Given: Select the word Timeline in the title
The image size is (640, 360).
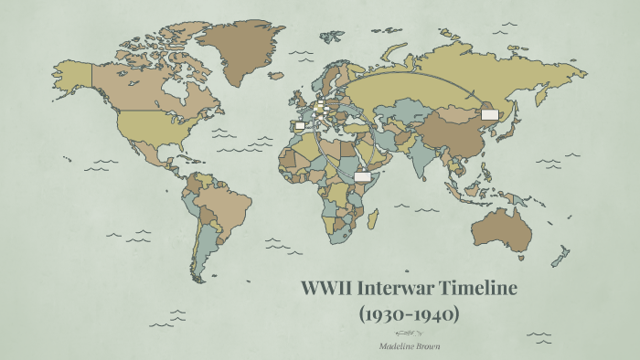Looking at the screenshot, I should pyautogui.click(x=479, y=290).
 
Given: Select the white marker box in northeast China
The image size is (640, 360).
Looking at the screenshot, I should pyautogui.click(x=490, y=114).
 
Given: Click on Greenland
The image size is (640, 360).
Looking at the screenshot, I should pyautogui.click(x=242, y=50).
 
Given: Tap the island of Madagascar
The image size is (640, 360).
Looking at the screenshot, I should pyautogui.click(x=373, y=218).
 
